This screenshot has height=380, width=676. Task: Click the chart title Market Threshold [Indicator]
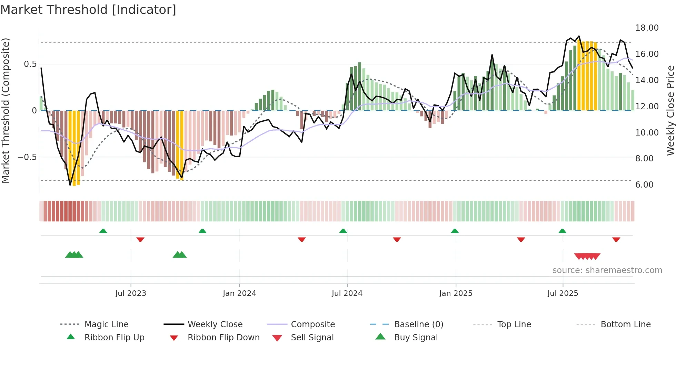pyautogui.click(x=88, y=10)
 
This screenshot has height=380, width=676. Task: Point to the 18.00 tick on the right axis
pyautogui.click(x=647, y=28)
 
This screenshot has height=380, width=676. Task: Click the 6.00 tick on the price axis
pyautogui.click(x=644, y=185)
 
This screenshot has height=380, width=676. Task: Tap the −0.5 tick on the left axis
pyautogui.click(x=27, y=157)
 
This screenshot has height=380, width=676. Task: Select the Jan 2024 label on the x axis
pyautogui.click(x=239, y=293)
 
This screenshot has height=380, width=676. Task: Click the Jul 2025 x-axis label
pyautogui.click(x=563, y=293)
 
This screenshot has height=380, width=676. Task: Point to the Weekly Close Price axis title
pyautogui.click(x=670, y=110)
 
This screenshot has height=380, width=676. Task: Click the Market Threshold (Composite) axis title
pyautogui.click(x=6, y=110)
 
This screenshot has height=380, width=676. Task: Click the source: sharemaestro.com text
pyautogui.click(x=607, y=270)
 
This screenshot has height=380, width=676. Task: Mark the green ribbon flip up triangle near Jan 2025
pyautogui.click(x=455, y=231)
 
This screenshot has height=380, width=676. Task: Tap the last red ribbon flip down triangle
pyautogui.click(x=616, y=239)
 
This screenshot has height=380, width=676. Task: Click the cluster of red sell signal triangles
pyautogui.click(x=587, y=256)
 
